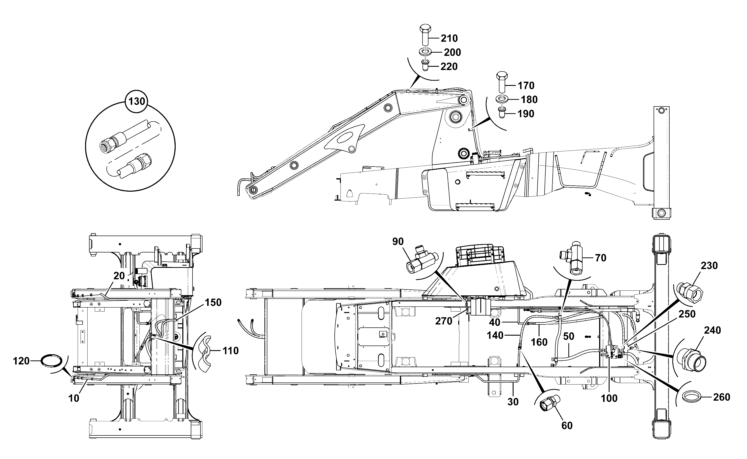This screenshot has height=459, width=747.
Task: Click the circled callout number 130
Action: [x=137, y=101]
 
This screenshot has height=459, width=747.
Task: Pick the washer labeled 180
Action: [x=502, y=99]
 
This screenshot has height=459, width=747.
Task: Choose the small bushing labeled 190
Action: [x=502, y=113]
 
